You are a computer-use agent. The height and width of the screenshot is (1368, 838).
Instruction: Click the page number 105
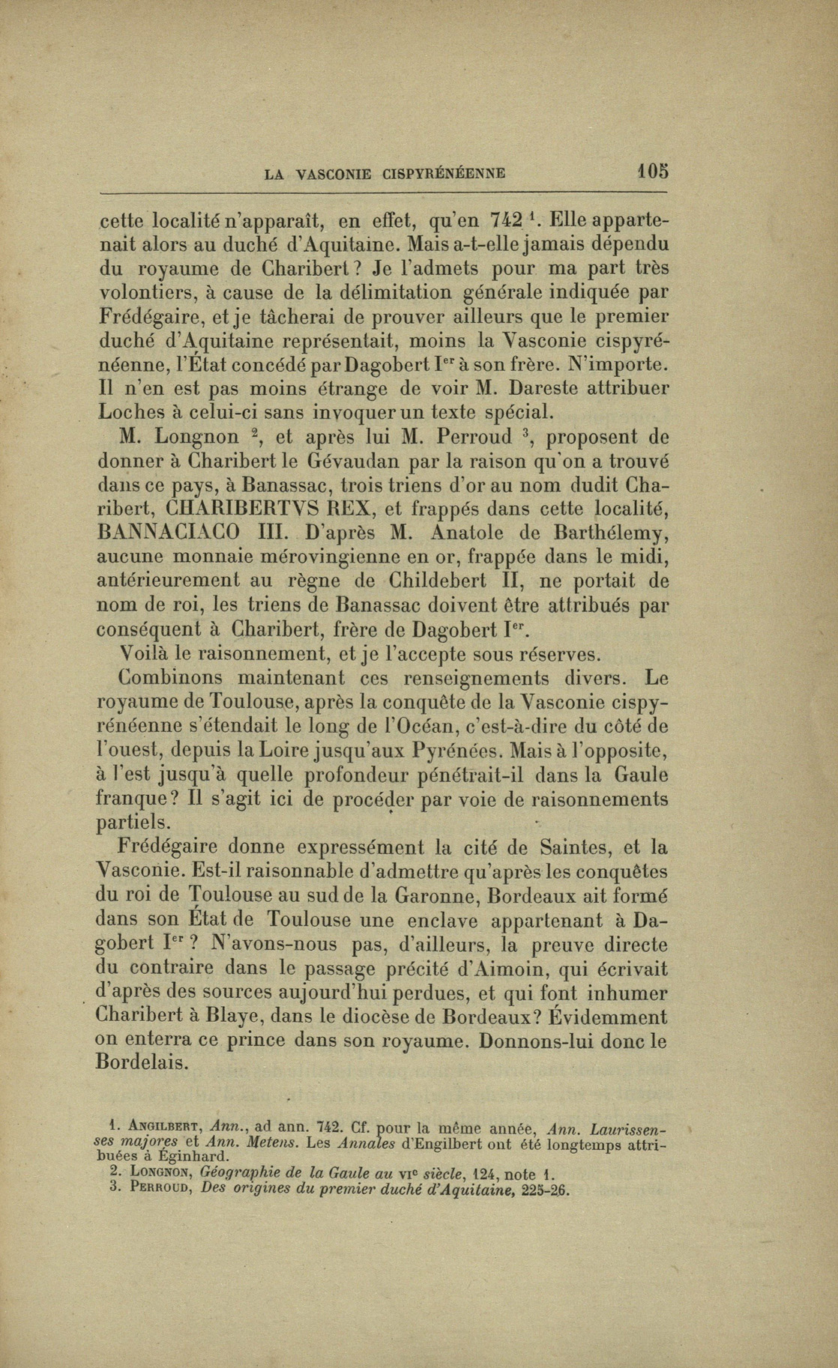652,171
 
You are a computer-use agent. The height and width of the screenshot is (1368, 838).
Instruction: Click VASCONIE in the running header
334,175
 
